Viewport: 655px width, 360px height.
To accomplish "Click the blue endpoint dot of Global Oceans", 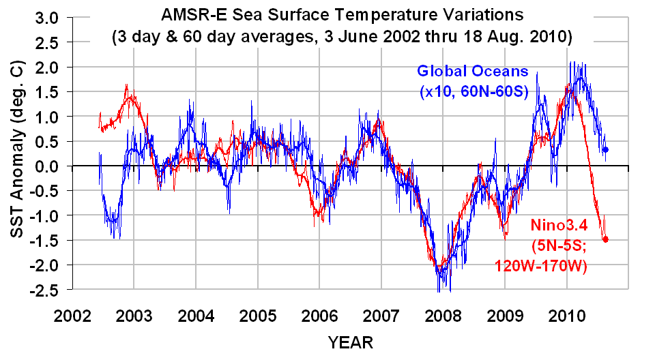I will (x=605, y=149).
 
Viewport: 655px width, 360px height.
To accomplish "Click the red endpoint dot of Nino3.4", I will (x=605, y=239).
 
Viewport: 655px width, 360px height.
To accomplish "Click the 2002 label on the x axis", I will (x=72, y=317).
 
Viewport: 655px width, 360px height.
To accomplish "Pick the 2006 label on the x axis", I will (x=319, y=317).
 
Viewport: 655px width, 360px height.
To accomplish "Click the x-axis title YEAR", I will (x=350, y=341).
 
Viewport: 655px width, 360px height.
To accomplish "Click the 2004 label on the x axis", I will (x=195, y=317).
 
